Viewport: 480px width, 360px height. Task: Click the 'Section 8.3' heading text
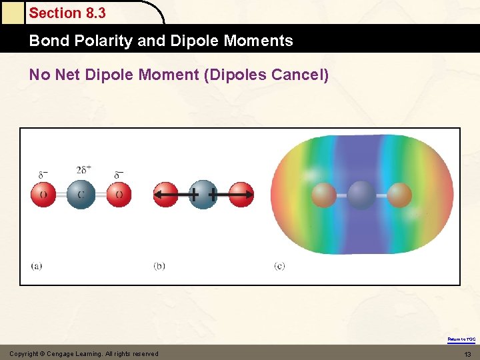coord(67,13)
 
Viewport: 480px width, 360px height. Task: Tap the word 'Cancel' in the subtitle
coord(297,75)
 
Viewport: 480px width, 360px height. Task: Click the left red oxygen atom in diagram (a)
coord(43,195)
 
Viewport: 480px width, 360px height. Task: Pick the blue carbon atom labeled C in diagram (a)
coord(81,195)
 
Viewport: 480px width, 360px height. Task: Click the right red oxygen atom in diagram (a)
coord(119,195)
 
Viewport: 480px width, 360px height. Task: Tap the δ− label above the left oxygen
coord(43,175)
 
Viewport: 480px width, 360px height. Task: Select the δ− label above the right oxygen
coord(119,175)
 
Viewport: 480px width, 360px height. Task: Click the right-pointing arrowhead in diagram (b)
coord(249,195)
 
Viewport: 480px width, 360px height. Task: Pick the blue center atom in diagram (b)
coord(203,195)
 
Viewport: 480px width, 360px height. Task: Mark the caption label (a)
coord(37,265)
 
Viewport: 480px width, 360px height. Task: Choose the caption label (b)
coord(159,265)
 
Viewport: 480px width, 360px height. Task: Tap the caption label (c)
coord(279,265)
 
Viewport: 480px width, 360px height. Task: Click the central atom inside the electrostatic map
coord(361,195)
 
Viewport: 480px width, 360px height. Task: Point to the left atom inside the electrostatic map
coord(324,195)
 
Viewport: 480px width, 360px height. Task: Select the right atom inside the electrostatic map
coord(399,195)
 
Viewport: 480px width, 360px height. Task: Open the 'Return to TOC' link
coord(461,339)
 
